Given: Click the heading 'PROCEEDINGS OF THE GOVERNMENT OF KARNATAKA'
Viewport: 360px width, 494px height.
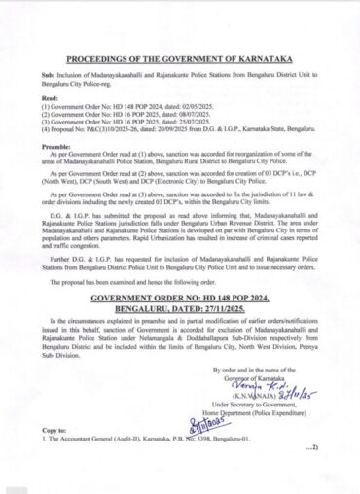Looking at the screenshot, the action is point(180,59).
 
